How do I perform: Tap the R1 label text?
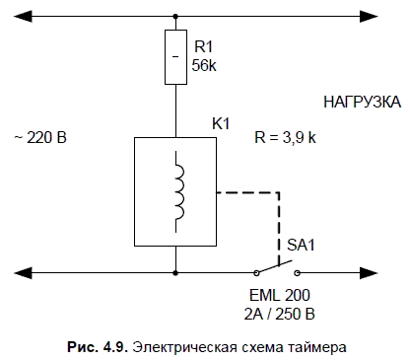[204, 46]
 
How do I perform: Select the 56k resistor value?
[204, 65]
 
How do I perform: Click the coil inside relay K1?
[178, 192]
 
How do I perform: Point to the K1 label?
[221, 124]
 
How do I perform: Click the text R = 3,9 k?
[285, 137]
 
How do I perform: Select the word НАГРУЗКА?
[362, 102]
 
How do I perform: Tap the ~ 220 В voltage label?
[40, 137]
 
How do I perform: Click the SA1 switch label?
[301, 245]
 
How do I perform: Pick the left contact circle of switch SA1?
[257, 273]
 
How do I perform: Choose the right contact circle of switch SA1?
[297, 273]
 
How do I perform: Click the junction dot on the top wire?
[175, 16]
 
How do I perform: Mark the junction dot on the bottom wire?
[175, 273]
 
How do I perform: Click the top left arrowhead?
[23, 16]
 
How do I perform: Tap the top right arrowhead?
[369, 16]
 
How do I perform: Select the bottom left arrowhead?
[23, 273]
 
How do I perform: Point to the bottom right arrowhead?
[369, 273]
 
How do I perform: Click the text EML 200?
[280, 295]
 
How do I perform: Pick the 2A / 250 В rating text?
[280, 314]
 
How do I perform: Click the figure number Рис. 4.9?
[98, 347]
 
